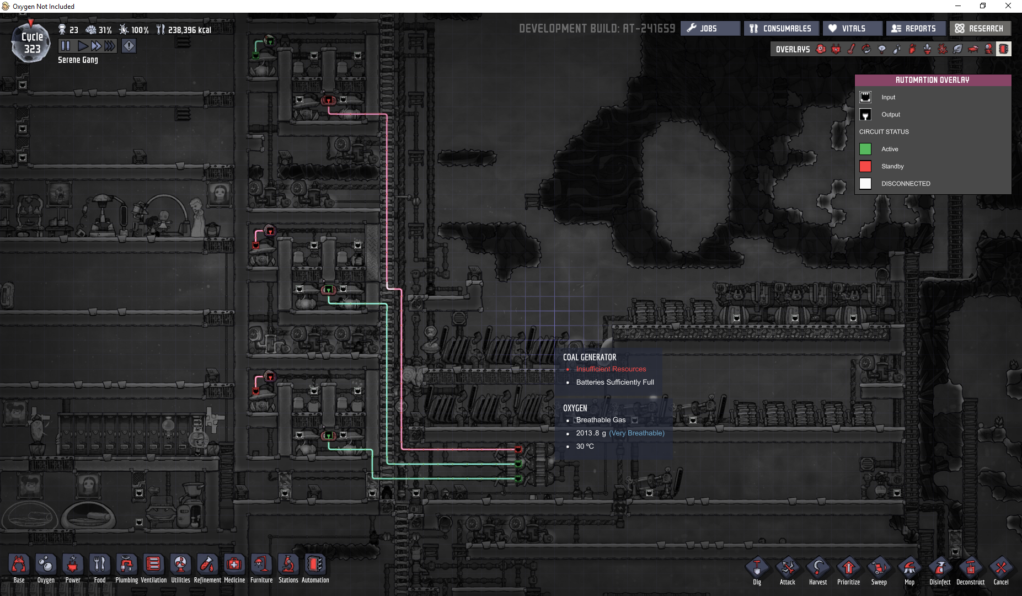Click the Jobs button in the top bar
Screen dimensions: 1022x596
710,28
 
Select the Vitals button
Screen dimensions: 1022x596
852,28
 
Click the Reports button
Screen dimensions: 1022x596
916,28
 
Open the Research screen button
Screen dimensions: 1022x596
980,28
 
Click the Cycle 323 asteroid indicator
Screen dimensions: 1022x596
31,42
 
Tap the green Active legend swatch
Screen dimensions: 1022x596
865,149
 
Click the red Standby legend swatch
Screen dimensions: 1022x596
865,166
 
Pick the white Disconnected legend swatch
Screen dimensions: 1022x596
865,183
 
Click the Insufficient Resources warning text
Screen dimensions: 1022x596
611,369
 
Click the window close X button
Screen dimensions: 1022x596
1008,6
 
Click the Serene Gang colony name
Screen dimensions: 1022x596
78,60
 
